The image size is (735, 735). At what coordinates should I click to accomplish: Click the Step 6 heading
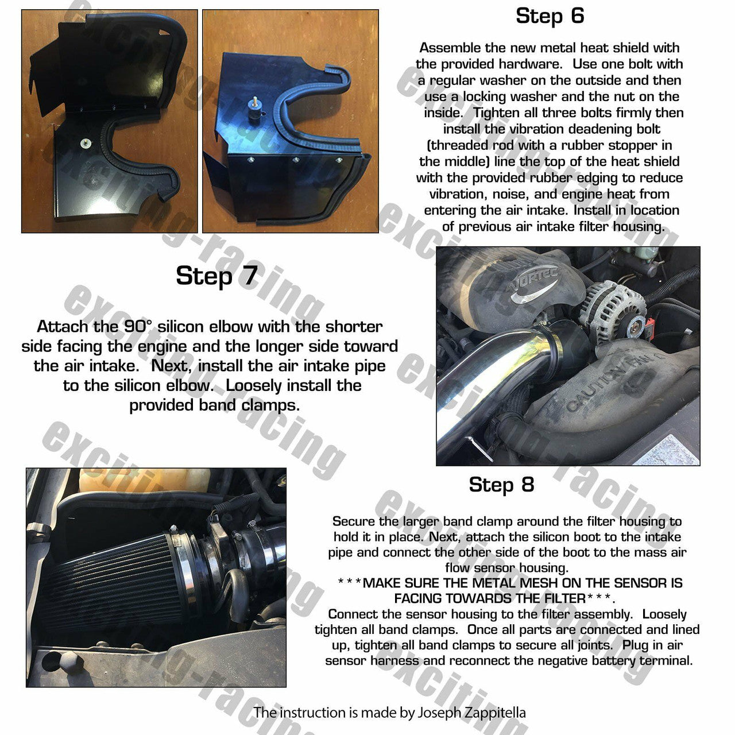tap(550, 16)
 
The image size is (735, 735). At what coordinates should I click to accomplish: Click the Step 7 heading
tap(216, 276)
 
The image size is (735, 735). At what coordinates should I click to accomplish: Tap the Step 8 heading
tap(501, 485)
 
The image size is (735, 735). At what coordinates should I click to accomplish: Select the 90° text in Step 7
tap(138, 327)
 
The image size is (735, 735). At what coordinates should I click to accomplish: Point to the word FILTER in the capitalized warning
tap(565, 598)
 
